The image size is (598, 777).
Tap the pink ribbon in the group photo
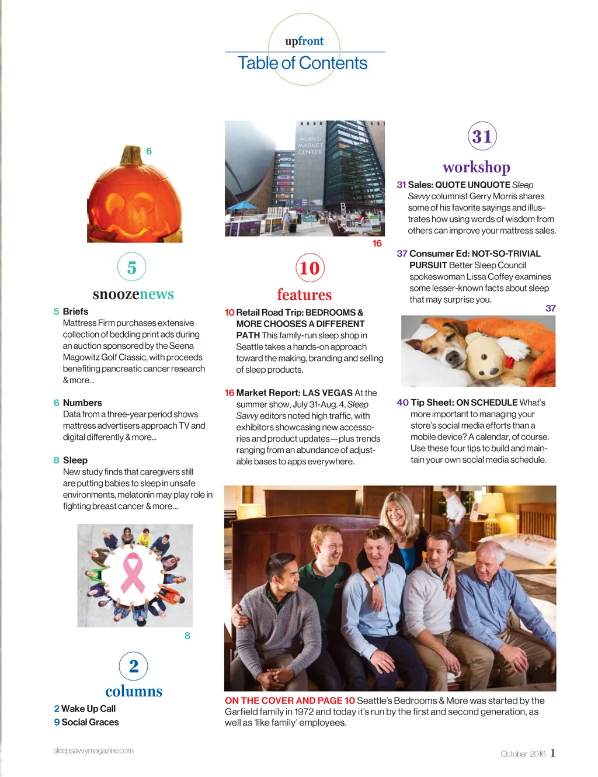coord(133,573)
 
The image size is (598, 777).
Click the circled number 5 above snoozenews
coord(132,268)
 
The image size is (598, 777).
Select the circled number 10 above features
coord(310,268)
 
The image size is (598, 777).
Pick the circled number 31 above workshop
coord(482,136)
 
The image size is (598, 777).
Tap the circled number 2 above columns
coord(134,666)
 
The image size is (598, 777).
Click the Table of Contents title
coord(303,63)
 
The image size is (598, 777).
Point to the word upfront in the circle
coord(304,41)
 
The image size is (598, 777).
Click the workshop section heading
coord(477,167)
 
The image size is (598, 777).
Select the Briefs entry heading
coord(75,311)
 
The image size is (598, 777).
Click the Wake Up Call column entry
coord(88,709)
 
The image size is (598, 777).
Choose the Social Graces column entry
coord(90,722)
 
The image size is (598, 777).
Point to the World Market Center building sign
coord(310,145)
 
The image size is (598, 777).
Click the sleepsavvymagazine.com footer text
coord(93,751)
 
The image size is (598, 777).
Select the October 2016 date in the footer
coord(523,754)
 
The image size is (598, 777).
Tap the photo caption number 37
coord(550,308)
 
